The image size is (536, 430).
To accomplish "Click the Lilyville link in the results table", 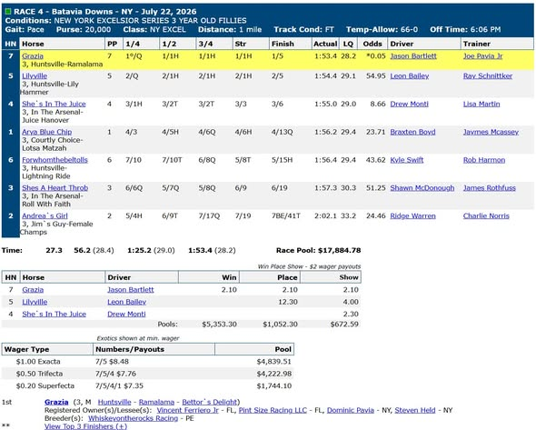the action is click(35, 76).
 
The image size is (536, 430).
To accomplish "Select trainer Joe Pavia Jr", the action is click(482, 56).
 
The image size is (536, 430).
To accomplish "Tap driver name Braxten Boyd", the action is click(412, 132).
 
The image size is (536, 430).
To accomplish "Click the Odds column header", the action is click(372, 44).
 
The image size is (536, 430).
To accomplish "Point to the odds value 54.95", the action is click(376, 76).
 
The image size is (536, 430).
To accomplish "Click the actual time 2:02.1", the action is click(325, 215).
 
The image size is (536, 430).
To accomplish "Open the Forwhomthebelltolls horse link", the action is click(55, 160).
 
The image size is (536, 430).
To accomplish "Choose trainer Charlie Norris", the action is click(486, 215).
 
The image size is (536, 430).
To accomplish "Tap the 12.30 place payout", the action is click(288, 302).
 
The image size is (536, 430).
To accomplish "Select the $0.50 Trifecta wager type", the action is click(39, 374).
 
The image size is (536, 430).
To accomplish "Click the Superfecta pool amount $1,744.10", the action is click(274, 385).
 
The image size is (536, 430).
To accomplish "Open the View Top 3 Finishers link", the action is click(85, 426).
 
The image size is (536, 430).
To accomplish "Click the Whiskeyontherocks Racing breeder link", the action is click(133, 418).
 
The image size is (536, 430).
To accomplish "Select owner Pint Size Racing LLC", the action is click(273, 410).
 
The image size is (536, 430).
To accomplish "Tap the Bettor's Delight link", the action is click(210, 402).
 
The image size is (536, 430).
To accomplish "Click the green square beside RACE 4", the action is click(8, 12).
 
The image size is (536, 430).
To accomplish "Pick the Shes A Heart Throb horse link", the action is click(55, 188).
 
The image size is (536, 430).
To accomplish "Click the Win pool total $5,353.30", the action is click(219, 324).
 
